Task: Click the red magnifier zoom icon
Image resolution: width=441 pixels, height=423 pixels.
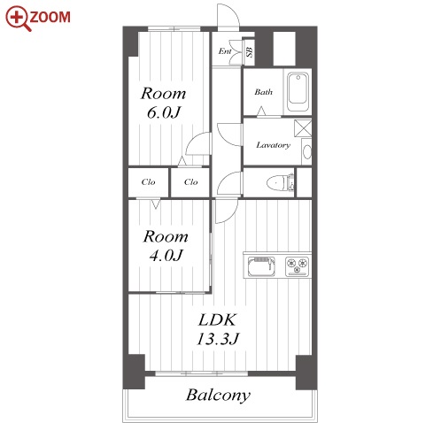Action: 18,19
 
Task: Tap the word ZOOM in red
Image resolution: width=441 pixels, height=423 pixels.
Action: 50,17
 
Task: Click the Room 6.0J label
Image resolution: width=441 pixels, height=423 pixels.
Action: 163,103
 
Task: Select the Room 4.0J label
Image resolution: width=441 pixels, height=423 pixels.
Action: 166,246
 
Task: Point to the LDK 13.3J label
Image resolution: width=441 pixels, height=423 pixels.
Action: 218,329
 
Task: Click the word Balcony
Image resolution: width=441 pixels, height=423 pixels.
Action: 218,396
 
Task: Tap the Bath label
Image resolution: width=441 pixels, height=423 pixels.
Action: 263,92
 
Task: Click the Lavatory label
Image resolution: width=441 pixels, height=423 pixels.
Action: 273,145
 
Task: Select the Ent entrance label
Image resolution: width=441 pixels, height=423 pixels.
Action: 225,51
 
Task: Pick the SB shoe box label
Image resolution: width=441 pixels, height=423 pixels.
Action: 250,52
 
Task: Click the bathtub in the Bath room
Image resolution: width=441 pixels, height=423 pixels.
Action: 298,91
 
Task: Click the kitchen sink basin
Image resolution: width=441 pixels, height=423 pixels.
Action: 261,266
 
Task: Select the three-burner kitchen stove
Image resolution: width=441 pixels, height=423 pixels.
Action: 297,266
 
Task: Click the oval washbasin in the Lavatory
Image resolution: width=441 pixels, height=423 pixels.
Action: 307,152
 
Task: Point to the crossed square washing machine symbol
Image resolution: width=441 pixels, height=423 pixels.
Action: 303,128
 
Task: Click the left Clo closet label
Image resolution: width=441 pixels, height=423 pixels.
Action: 148,182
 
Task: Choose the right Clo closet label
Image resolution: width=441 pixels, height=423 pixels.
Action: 190,182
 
